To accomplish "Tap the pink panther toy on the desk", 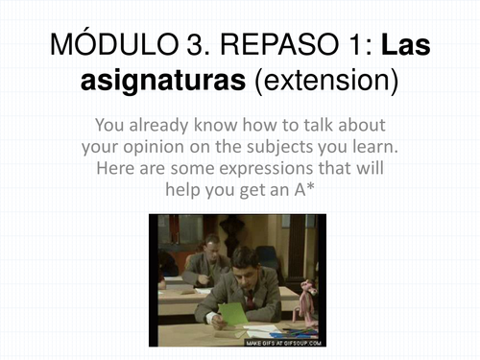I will [x=307, y=305].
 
